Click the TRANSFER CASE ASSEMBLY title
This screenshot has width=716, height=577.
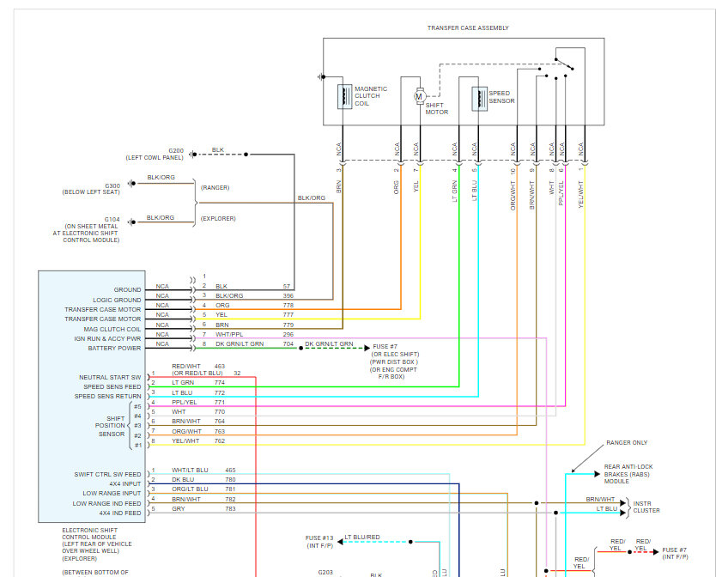coord(468,28)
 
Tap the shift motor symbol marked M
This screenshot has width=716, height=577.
coord(420,96)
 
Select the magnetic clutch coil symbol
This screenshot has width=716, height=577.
coord(343,97)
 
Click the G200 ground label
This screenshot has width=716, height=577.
coord(175,150)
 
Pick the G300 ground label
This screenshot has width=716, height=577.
coord(112,185)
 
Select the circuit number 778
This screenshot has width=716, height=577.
coord(288,306)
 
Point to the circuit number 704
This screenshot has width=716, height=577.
coord(288,343)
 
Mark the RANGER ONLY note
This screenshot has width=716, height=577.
coord(627,443)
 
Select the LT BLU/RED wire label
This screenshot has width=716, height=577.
coord(362,538)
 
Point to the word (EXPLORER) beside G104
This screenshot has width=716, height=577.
coord(218,218)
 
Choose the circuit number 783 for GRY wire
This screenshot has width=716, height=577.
coord(230,509)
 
